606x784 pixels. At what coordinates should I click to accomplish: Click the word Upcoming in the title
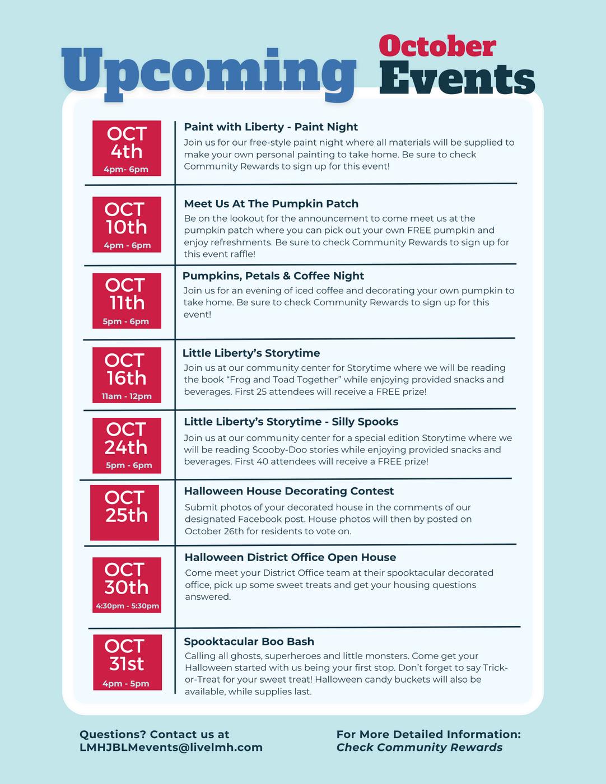(x=208, y=72)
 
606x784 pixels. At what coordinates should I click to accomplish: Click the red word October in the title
(x=437, y=46)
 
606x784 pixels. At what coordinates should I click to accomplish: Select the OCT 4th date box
(x=127, y=148)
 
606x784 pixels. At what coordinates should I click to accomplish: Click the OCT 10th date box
(x=127, y=224)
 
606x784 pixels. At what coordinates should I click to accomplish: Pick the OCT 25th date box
(x=125, y=512)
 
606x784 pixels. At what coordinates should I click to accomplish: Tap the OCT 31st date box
(x=127, y=662)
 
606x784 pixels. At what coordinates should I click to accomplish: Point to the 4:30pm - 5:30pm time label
(x=127, y=605)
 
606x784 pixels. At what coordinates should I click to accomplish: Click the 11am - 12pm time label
(x=127, y=396)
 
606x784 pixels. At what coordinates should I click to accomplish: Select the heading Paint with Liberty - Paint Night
(x=271, y=127)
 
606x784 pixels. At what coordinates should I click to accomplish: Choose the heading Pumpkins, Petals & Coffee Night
(x=273, y=276)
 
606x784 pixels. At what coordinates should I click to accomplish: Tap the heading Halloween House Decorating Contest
(x=289, y=491)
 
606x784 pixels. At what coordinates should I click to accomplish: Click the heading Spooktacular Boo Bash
(x=249, y=642)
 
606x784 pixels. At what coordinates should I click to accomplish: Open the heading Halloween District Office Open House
(x=290, y=557)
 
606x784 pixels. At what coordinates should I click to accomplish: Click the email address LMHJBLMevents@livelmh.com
(x=171, y=748)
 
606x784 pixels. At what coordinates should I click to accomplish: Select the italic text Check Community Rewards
(x=419, y=748)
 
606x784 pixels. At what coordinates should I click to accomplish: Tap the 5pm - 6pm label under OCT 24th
(x=129, y=465)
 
